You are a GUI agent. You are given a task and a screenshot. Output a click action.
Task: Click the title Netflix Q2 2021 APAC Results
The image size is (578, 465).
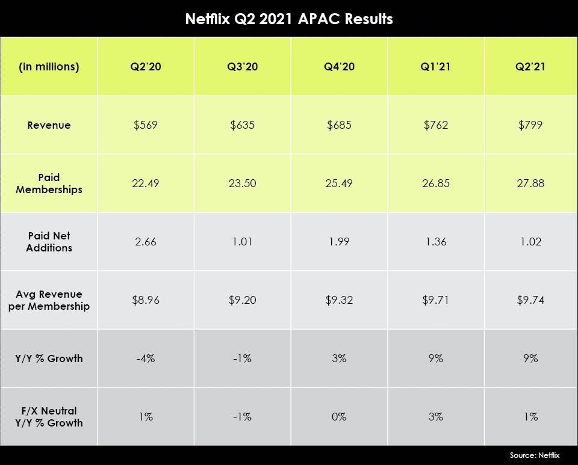(289, 19)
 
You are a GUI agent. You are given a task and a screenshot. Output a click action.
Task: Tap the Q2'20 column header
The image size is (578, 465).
(146, 67)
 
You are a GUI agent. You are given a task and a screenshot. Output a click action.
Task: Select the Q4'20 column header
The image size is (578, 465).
(339, 67)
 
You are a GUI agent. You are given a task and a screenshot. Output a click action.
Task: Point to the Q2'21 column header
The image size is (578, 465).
(530, 67)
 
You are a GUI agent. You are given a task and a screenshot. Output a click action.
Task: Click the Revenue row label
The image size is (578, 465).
(49, 125)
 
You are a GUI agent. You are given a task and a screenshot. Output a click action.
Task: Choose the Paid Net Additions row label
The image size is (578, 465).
(49, 242)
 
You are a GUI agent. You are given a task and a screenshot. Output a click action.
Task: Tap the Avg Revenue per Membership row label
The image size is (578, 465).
(49, 300)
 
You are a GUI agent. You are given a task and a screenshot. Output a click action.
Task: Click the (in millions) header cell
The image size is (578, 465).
(49, 67)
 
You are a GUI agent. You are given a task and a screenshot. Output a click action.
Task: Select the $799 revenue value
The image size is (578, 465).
(530, 125)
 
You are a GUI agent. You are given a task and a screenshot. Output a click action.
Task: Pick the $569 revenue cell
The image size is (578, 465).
(146, 125)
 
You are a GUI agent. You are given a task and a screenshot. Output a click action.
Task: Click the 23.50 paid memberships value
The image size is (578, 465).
(243, 183)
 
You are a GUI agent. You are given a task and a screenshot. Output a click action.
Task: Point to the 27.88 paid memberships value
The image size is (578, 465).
(530, 183)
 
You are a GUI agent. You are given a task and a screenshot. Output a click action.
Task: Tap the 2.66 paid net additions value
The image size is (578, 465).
(146, 242)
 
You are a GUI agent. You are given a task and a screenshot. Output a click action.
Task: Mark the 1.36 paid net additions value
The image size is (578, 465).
(436, 242)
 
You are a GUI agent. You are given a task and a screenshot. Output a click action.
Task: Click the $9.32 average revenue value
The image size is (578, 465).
(339, 300)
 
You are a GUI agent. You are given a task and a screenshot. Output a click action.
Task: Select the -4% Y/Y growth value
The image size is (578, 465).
(146, 359)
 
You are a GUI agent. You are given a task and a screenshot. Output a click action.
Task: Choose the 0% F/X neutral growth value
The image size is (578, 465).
(339, 416)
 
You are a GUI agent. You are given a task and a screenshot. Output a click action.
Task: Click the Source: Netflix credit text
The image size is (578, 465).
(534, 455)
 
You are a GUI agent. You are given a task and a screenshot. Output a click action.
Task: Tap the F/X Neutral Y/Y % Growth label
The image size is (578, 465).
(49, 416)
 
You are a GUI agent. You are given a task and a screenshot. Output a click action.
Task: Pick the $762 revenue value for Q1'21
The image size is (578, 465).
(436, 125)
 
